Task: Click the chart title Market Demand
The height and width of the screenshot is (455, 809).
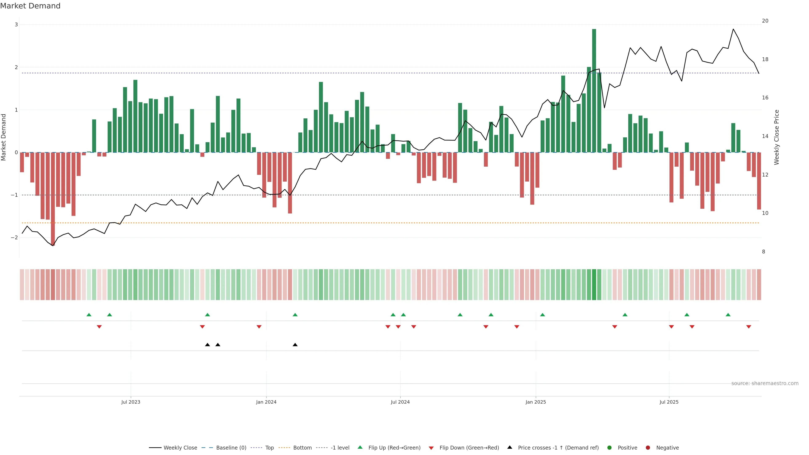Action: click(30, 6)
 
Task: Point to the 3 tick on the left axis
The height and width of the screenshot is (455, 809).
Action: click(16, 25)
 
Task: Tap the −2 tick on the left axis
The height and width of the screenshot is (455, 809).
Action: click(15, 238)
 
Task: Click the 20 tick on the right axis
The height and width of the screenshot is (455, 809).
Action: click(765, 21)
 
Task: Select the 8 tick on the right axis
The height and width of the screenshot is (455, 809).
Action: click(763, 252)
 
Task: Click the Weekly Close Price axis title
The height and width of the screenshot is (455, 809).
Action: click(776, 137)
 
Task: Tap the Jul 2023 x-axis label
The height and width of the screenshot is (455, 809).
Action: click(131, 402)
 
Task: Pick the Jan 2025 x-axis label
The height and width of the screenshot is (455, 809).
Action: click(536, 402)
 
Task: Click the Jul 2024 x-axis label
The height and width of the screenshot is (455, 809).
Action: click(400, 402)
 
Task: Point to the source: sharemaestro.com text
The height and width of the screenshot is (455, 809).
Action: click(765, 383)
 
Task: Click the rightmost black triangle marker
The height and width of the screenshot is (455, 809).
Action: click(295, 345)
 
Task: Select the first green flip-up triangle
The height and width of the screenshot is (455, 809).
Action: click(89, 315)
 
